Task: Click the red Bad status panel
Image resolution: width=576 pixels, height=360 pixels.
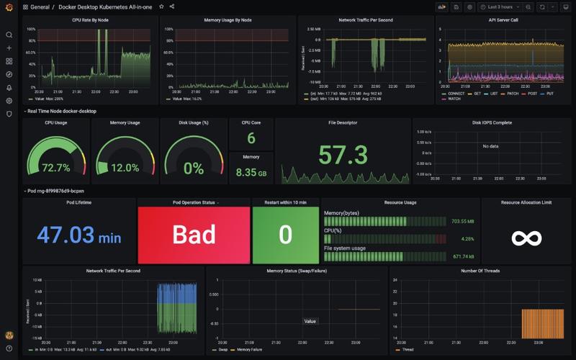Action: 193,235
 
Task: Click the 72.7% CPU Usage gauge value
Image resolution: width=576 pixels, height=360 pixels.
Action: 55,168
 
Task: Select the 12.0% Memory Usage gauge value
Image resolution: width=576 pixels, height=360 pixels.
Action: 125,168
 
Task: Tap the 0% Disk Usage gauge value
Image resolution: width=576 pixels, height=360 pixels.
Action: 194,168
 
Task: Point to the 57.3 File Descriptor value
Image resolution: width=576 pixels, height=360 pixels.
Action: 343,154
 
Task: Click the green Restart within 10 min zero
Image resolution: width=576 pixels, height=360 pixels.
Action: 285,235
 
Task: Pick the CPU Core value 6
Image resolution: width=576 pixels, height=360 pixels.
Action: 251,138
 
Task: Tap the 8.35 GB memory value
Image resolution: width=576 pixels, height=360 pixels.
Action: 251,173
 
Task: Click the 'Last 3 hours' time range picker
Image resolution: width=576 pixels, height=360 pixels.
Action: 502,6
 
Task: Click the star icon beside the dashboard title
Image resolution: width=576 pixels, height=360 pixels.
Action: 161,6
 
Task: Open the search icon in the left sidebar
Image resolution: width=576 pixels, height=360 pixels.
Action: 9,35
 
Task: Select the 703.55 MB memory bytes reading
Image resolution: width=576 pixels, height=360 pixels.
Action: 462,221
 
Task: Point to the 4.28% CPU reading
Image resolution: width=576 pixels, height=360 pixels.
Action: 467,238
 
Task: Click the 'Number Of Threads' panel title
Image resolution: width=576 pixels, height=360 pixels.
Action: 480,271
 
